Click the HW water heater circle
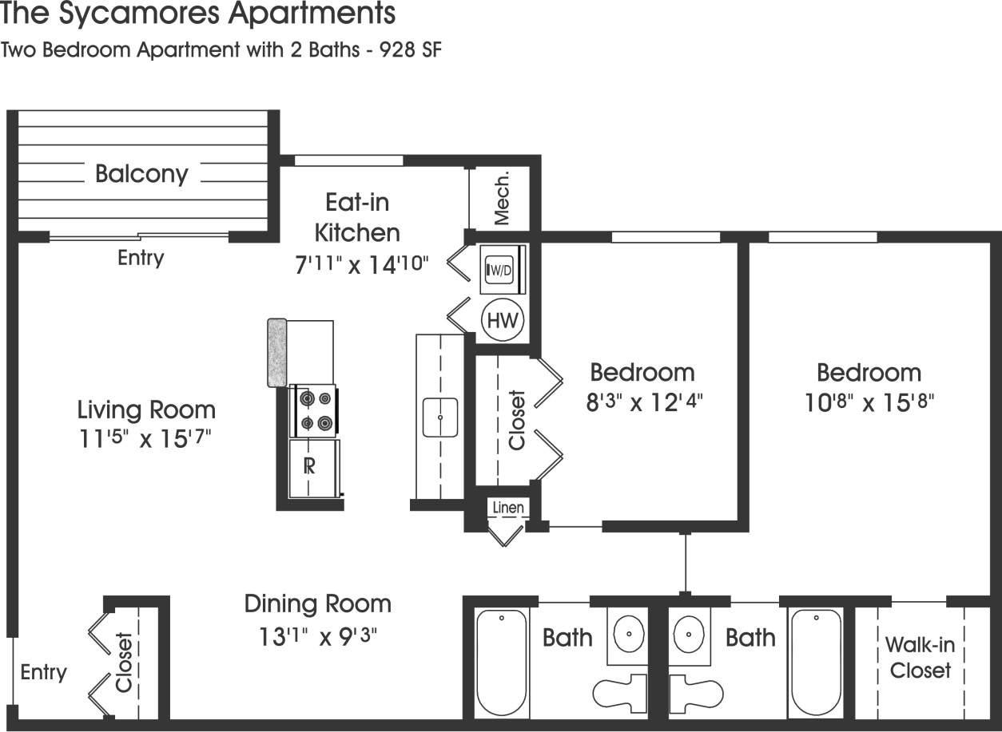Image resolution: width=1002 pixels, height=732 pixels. tap(503, 321)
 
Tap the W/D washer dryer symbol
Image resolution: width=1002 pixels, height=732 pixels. tap(502, 270)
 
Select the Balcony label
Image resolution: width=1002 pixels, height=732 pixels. tap(141, 173)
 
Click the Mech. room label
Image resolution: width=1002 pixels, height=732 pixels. tap(502, 196)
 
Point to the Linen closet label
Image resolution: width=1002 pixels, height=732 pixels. tap(508, 508)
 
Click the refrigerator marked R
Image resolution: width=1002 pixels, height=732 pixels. tap(312, 467)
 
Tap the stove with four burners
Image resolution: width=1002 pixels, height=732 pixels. tap(313, 410)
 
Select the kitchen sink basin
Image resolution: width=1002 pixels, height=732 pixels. tap(439, 417)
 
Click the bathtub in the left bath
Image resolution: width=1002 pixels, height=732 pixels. tap(502, 663)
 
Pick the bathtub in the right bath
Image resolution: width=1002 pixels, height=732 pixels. tap(815, 663)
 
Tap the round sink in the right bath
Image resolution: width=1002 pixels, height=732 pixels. tap(690, 635)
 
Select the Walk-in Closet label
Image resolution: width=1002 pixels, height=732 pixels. tap(920, 657)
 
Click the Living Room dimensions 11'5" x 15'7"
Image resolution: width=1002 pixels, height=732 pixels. tap(145, 438)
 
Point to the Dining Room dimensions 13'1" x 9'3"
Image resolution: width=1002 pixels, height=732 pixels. tap(317, 636)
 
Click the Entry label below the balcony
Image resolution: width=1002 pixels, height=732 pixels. tap(141, 258)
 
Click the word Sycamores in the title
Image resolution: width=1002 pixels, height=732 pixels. tap(141, 14)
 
